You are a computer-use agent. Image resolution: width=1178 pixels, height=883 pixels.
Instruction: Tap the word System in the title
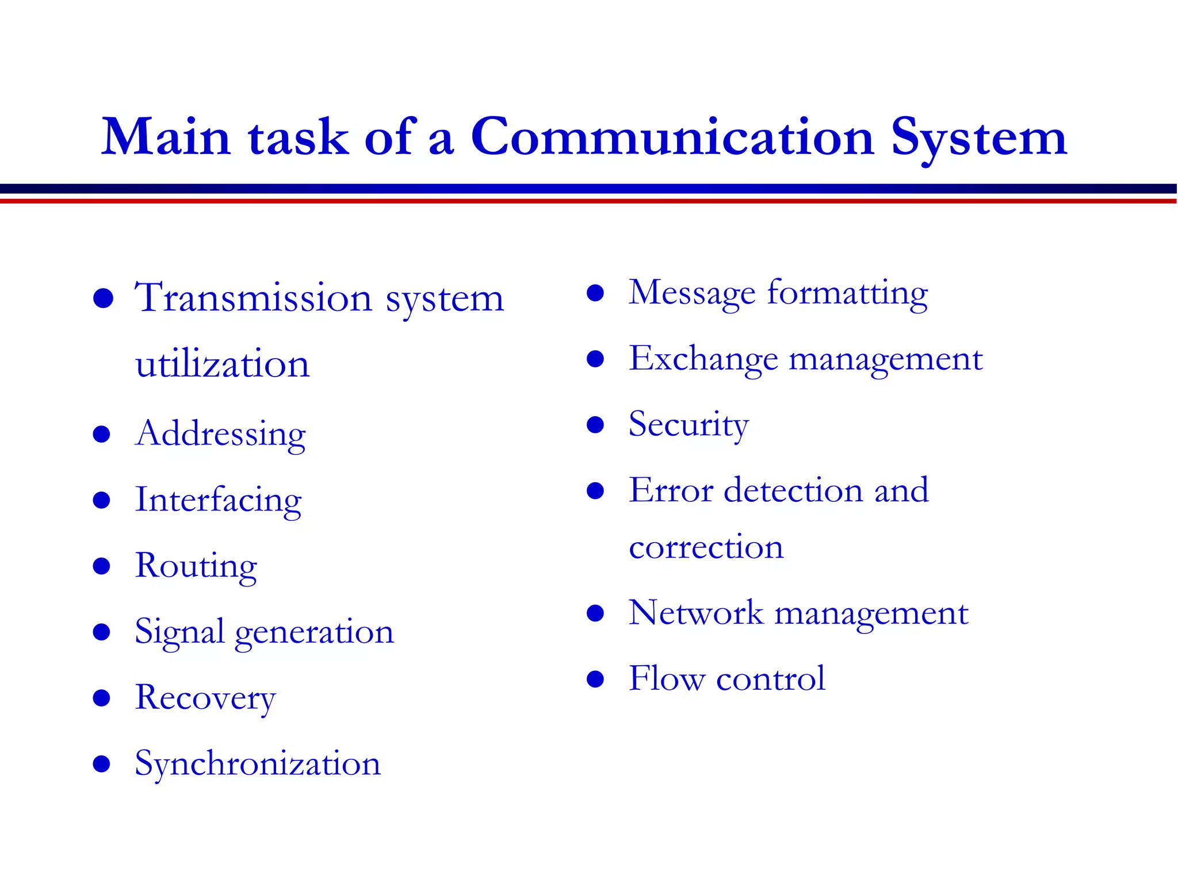(978, 138)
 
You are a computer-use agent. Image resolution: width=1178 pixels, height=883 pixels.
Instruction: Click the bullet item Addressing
(220, 434)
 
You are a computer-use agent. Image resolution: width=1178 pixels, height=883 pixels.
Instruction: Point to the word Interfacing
(218, 500)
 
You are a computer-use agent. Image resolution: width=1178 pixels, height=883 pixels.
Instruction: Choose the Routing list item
(196, 566)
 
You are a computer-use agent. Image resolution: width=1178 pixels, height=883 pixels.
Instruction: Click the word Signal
(179, 632)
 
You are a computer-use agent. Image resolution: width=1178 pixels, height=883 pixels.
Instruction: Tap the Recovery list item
(205, 698)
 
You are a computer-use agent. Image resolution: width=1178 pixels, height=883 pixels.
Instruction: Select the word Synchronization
(258, 764)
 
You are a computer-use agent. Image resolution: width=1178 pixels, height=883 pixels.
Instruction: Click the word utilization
(223, 364)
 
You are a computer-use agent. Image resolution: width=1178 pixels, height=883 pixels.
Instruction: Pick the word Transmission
(254, 298)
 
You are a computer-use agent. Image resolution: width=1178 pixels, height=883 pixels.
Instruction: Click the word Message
(691, 293)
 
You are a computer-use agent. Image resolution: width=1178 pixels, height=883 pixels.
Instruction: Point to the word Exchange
(703, 359)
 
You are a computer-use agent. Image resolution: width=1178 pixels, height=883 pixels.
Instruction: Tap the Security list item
(689, 425)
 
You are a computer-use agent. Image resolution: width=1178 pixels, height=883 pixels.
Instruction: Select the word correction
(706, 547)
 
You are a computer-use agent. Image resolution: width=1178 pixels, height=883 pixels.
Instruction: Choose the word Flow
(666, 678)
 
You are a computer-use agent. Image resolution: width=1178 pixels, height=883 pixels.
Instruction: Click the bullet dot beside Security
(595, 425)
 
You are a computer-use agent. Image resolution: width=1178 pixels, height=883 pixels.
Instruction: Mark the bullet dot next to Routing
(102, 566)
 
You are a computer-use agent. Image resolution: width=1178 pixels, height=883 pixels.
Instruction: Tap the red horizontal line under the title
(589, 201)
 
